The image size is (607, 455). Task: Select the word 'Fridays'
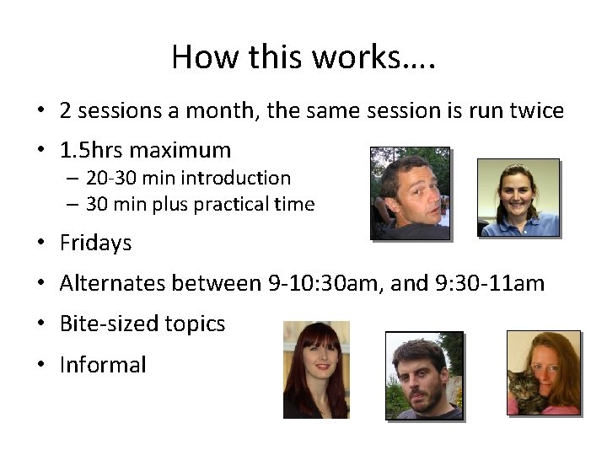[x=95, y=244]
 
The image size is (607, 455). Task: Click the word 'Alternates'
[x=113, y=283]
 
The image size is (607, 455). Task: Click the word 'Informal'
[x=103, y=365]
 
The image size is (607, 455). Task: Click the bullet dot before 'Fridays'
[x=40, y=244]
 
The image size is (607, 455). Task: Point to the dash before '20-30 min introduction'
[x=73, y=179]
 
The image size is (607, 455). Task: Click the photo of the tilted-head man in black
[x=411, y=193]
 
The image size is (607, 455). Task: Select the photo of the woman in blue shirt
[x=518, y=197]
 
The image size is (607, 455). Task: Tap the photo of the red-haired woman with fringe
[x=315, y=369]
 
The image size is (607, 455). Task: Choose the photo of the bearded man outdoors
[x=424, y=374]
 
